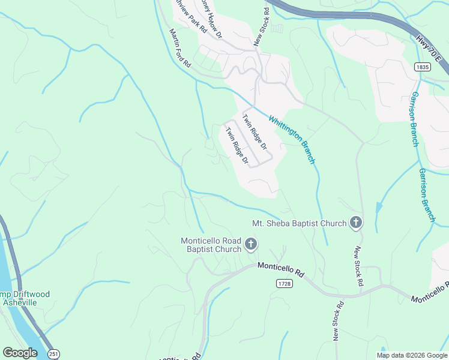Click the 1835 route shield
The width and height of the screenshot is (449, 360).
click(422, 67)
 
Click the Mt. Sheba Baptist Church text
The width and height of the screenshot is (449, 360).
click(300, 224)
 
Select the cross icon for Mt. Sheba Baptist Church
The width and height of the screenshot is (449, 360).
click(355, 223)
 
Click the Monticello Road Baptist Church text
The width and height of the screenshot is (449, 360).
click(211, 245)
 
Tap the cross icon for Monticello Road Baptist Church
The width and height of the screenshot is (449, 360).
click(250, 244)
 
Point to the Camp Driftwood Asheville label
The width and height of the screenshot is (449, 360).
click(24, 298)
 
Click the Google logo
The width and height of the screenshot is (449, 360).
click(20, 353)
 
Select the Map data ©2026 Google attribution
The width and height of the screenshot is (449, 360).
click(412, 355)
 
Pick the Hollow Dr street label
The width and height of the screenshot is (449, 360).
click(212, 19)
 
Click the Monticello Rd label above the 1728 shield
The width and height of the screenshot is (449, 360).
click(281, 269)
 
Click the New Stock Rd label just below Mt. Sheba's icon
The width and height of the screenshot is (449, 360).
click(358, 266)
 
